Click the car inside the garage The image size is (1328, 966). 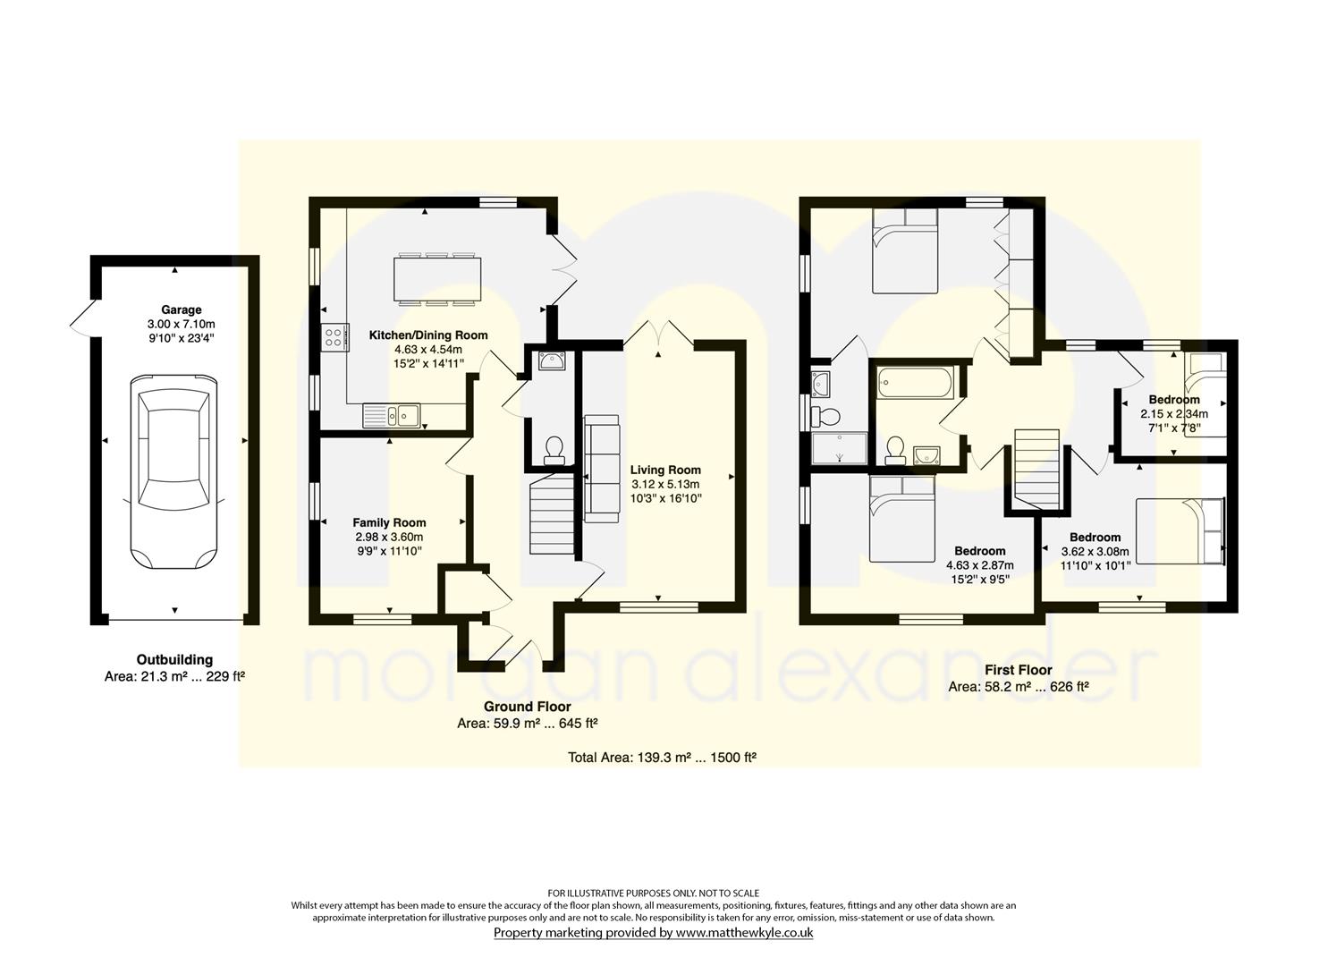click(173, 472)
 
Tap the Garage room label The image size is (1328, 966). click(182, 309)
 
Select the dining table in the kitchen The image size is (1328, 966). click(437, 279)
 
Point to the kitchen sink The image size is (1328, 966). click(392, 415)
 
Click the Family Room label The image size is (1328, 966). click(389, 522)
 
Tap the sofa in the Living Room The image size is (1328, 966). click(603, 469)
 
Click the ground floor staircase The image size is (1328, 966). click(553, 513)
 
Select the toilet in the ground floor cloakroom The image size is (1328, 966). click(554, 450)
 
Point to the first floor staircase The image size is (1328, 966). click(1036, 469)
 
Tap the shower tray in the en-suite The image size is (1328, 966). click(839, 448)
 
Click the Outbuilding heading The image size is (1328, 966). click(174, 659)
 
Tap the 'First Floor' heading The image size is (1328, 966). click(1019, 670)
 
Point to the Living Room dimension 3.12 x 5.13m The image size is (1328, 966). click(665, 485)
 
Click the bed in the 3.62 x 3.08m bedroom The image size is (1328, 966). click(1180, 531)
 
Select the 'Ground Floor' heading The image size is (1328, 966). click(527, 707)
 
